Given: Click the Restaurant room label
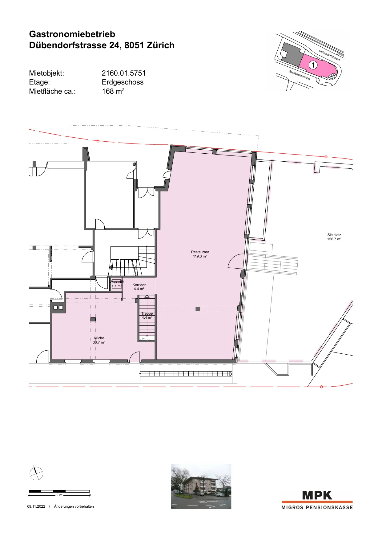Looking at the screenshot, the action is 200,252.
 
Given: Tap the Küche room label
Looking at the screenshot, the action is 99,338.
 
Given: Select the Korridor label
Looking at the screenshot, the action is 139,285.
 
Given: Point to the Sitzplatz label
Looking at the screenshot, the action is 334,235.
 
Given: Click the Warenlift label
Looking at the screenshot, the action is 117,282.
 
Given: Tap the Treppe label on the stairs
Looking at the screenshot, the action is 147,313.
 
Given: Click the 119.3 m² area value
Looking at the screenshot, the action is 200,256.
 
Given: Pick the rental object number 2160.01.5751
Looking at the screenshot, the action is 124,73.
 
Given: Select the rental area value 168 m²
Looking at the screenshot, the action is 113,91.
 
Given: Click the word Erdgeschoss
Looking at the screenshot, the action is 123,82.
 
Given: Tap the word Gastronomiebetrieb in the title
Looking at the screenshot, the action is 72,34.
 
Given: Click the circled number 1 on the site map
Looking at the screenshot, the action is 313,65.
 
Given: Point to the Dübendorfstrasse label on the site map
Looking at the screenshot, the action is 330,55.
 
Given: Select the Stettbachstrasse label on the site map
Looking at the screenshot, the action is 300,75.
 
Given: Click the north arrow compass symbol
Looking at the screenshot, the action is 36,473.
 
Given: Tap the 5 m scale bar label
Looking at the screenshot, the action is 59,495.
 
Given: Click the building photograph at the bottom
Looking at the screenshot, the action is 201,486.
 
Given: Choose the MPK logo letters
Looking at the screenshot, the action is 317,495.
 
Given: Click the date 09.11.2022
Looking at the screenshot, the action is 36,506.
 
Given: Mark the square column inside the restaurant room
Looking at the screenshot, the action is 198,309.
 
